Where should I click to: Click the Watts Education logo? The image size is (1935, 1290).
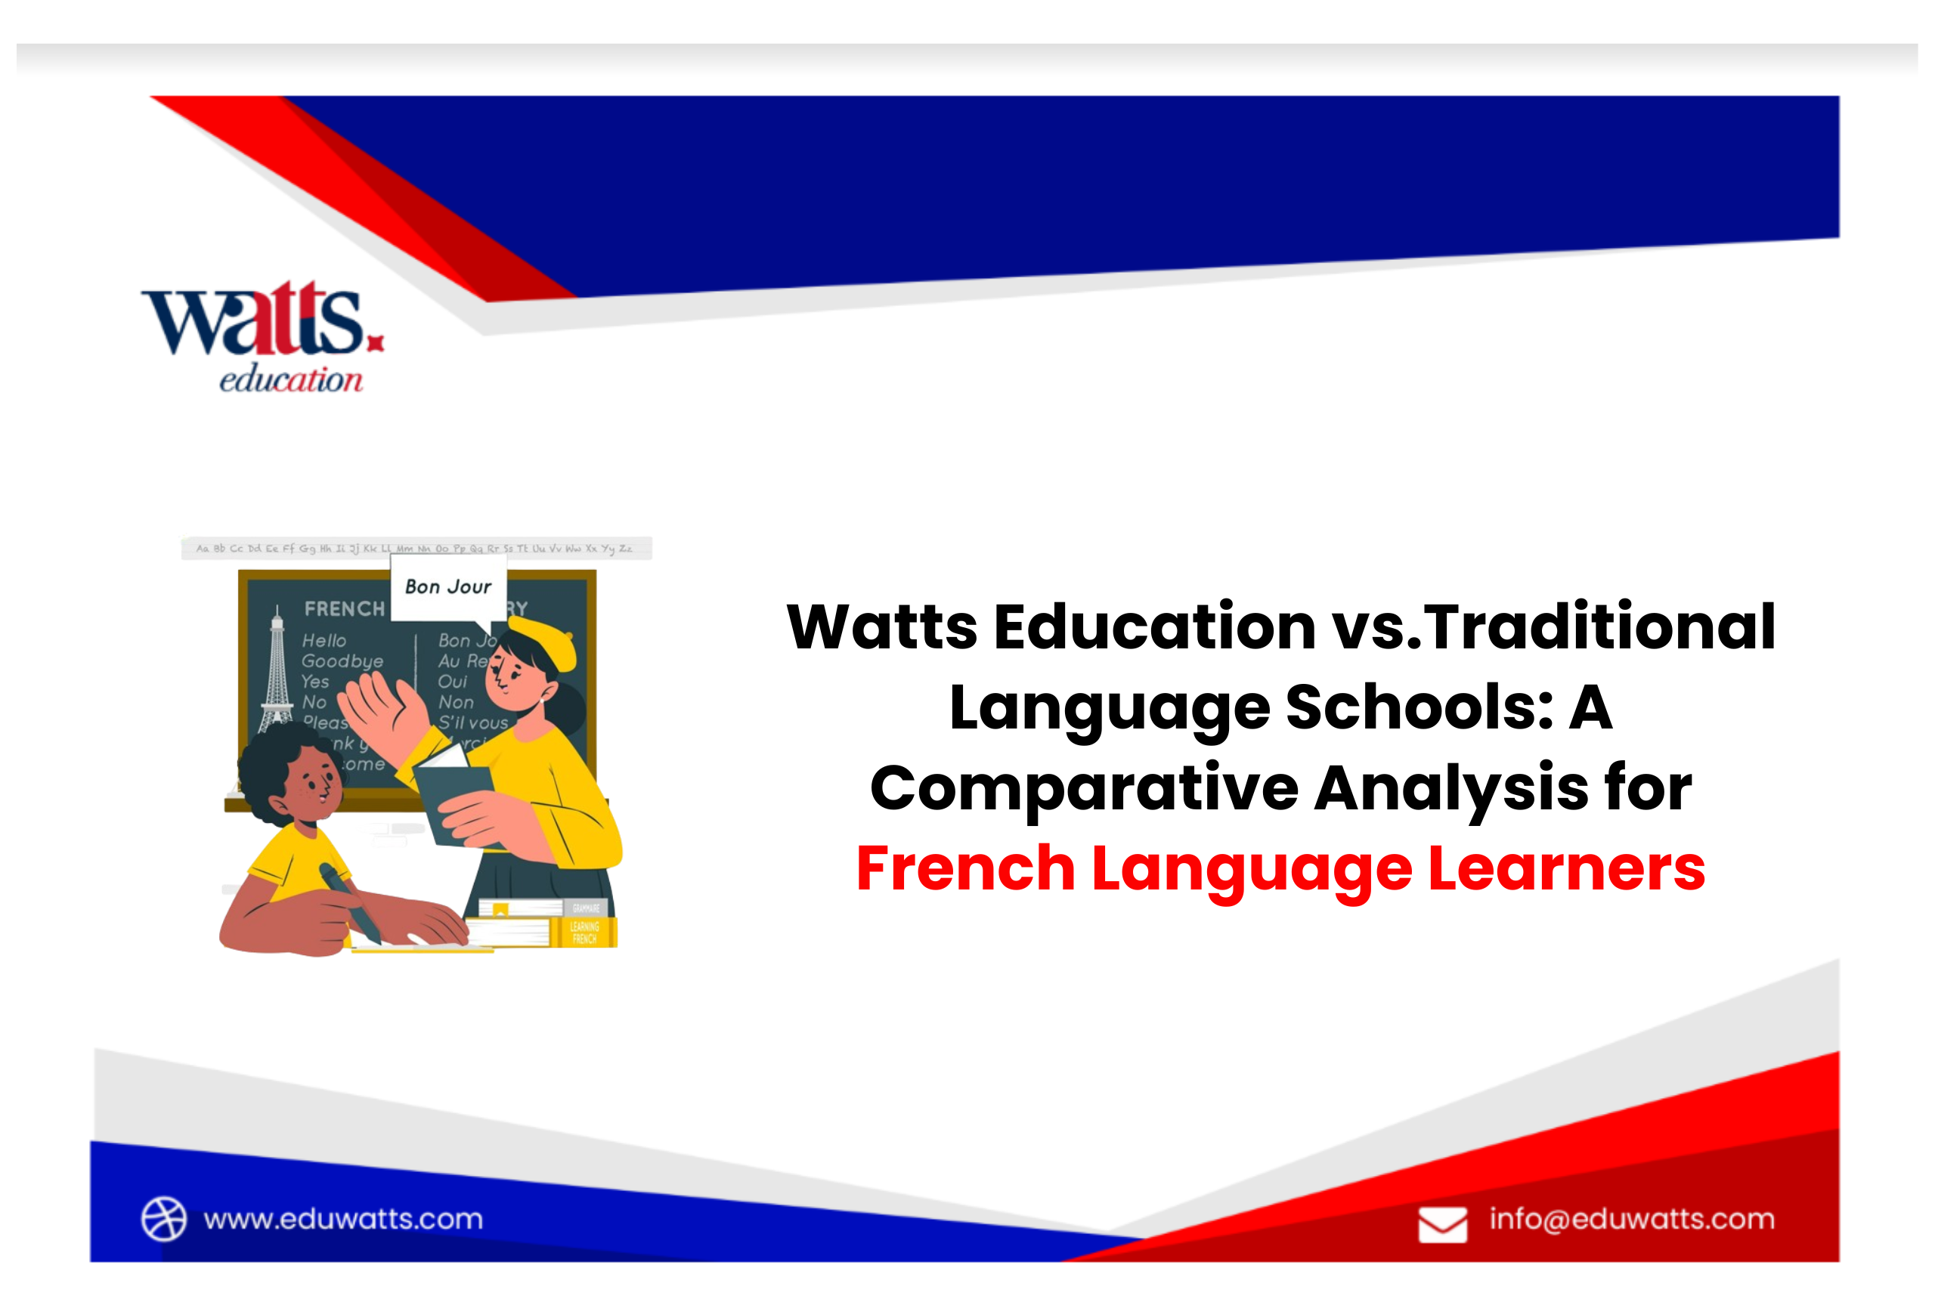pos(262,336)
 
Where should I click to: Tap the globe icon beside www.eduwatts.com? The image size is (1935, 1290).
pos(164,1218)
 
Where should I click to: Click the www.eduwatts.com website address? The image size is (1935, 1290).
pos(343,1218)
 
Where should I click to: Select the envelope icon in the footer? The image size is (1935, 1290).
pos(1442,1224)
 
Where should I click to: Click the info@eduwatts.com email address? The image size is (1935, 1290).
pos(1631,1218)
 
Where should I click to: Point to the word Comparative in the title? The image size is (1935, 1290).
pos(1085,788)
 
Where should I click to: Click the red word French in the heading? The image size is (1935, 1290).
pos(965,869)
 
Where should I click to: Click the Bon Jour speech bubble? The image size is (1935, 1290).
pos(447,587)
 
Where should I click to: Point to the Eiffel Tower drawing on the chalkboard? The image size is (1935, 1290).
pos(277,670)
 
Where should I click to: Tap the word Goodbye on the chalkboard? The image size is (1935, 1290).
pos(342,661)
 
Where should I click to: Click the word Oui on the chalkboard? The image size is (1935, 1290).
pos(452,682)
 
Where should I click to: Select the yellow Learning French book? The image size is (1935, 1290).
pos(585,932)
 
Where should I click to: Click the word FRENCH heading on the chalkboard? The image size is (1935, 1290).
pos(344,609)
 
